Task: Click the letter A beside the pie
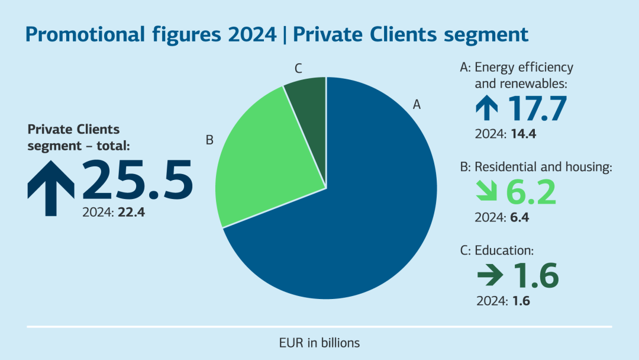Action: pos(417,105)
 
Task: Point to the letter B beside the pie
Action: pos(209,140)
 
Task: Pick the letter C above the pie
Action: pos(299,68)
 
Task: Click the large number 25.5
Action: pos(137,179)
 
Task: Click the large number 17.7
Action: pos(537,108)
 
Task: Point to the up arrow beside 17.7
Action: pos(488,108)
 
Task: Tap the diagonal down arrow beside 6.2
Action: pos(488,192)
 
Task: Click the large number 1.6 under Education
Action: pos(535,275)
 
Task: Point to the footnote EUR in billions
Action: pos(319,343)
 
